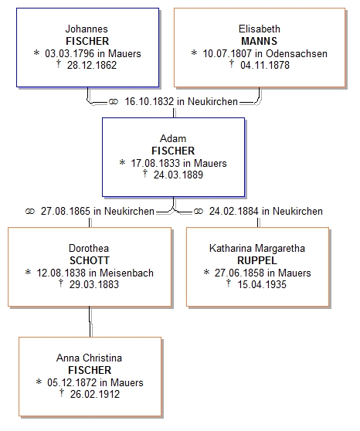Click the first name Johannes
(x=87, y=29)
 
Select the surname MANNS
(x=259, y=41)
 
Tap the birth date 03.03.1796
(x=70, y=53)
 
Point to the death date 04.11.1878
(x=265, y=65)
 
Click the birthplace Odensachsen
(x=297, y=53)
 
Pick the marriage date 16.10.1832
(x=149, y=101)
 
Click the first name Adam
(x=173, y=138)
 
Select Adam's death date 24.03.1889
(x=178, y=175)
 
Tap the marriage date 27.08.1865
(x=66, y=211)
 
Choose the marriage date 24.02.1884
(x=234, y=211)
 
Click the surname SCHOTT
(x=90, y=260)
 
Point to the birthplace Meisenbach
(x=127, y=273)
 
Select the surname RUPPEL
(x=257, y=260)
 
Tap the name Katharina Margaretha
(x=257, y=249)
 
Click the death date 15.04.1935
(x=262, y=284)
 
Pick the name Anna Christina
(x=89, y=358)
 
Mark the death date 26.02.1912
(x=95, y=394)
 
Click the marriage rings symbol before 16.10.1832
(x=114, y=102)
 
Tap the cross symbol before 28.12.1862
(x=58, y=64)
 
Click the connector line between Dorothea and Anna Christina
(x=90, y=321)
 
